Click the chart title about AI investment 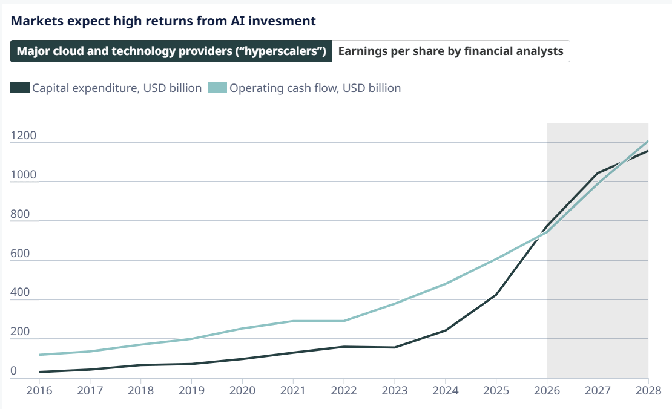163,21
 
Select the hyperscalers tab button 171,51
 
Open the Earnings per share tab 451,51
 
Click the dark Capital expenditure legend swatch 20,87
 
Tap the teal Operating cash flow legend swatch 217,87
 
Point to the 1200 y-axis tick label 23,136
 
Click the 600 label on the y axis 20,253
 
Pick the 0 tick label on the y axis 14,370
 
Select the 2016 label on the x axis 39,391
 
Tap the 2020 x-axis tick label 242,391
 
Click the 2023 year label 395,391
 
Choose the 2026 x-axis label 547,391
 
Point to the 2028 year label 648,391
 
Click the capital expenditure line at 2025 496,295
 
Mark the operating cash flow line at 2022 344,321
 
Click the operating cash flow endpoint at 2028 648,141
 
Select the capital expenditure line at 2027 598,173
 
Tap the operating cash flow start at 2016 39,355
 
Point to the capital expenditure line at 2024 446,330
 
